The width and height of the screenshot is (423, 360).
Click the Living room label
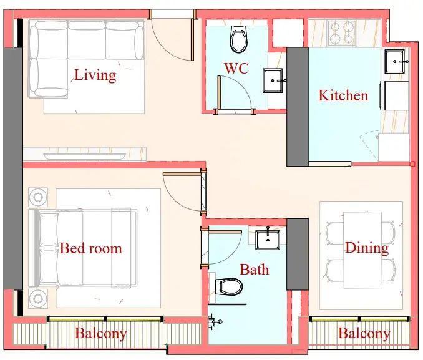point(95,75)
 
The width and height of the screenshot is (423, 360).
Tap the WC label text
point(236,68)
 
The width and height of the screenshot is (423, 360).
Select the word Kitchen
point(343,95)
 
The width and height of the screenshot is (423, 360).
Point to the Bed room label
point(91,248)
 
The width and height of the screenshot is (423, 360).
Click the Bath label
point(255,270)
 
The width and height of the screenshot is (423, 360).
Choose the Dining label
point(367,248)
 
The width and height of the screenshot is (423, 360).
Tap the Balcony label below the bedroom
point(101,334)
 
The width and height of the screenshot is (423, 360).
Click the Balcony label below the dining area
point(364,334)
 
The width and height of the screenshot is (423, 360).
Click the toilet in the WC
point(238,39)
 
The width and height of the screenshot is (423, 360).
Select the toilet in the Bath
point(229,287)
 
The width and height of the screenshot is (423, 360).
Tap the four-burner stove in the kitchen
point(342,33)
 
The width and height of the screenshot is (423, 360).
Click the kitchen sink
point(395,62)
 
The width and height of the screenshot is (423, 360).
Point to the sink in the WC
point(273,80)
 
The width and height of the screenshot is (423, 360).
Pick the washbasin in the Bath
point(268,240)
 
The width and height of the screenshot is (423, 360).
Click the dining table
point(362,250)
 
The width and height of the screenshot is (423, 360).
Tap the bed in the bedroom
point(82,248)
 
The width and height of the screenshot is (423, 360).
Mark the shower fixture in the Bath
point(215,321)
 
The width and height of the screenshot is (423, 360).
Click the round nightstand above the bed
point(38,197)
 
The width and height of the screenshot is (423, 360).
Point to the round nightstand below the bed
point(38,299)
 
